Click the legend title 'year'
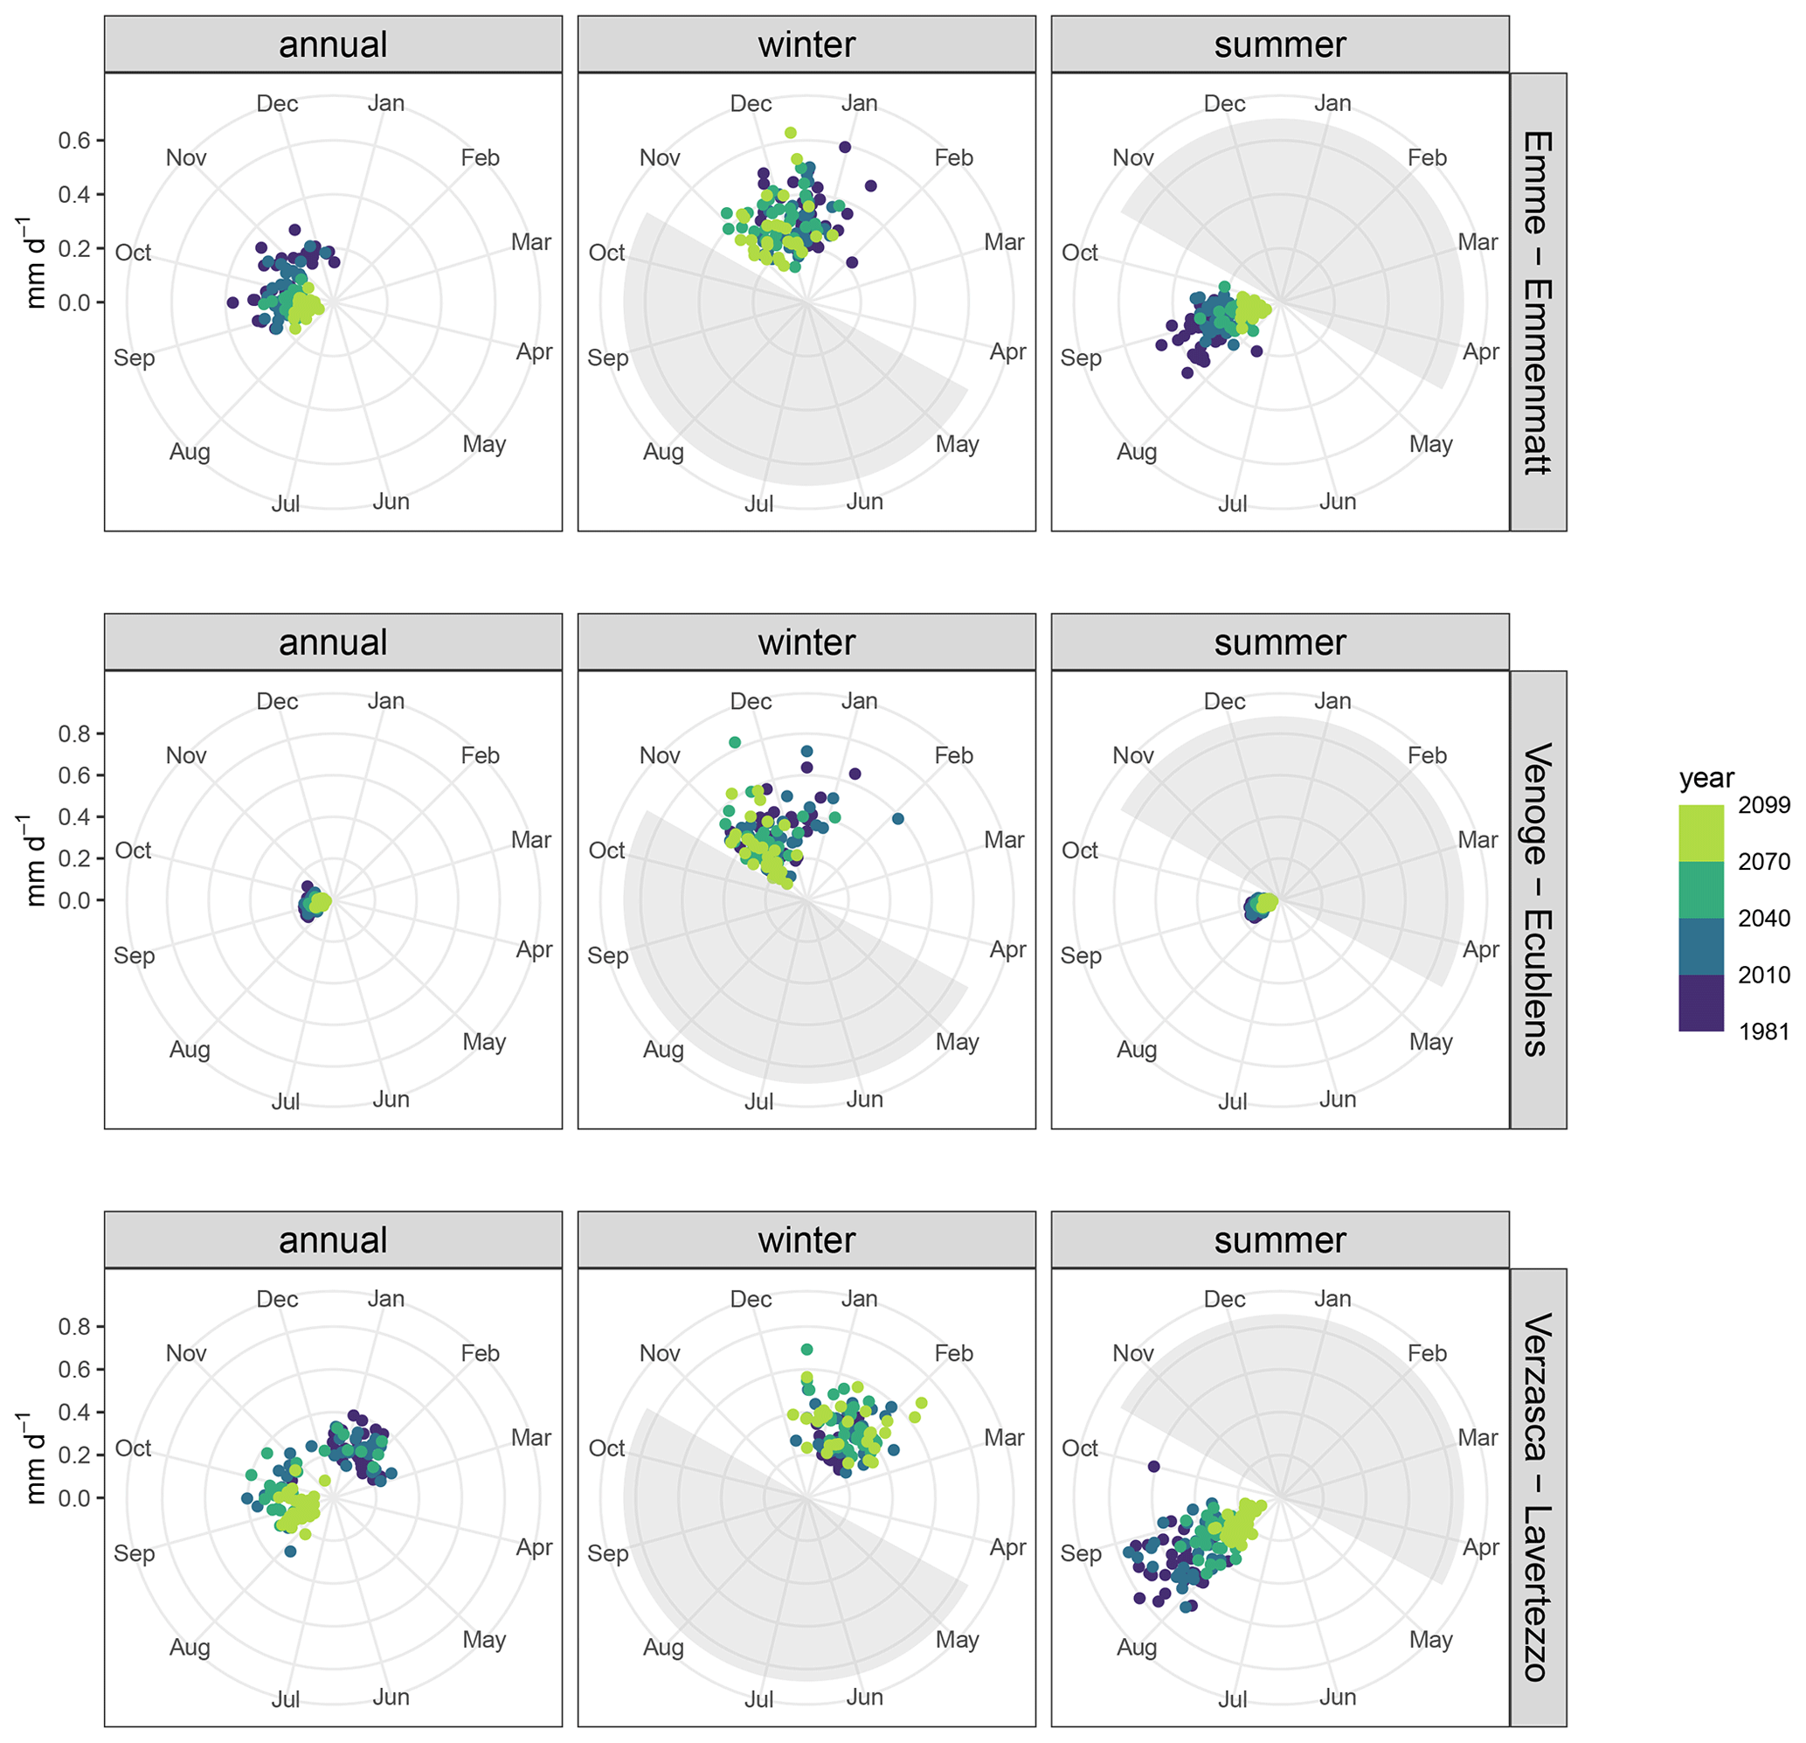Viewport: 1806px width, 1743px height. tap(1706, 779)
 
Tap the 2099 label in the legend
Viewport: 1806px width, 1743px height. tap(1762, 805)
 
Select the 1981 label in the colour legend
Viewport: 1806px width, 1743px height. tap(1762, 1031)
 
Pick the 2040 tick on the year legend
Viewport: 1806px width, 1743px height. tap(1762, 918)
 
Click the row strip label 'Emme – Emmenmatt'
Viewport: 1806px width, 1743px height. tap(1537, 302)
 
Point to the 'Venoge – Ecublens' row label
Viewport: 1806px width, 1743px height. tap(1537, 899)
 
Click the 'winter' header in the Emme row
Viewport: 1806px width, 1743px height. tap(806, 45)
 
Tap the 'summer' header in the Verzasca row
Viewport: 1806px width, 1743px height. tap(1279, 1240)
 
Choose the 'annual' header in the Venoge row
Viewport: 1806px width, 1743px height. tap(333, 642)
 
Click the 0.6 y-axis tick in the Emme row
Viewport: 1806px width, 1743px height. tap(74, 140)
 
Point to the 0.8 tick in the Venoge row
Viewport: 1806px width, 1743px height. tap(74, 733)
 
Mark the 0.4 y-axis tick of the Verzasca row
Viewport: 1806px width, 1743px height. tap(74, 1412)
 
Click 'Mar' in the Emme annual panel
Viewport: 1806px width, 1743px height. tap(530, 242)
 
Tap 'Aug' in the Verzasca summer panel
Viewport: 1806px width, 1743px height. tap(1136, 1647)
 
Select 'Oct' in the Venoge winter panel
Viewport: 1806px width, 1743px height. tap(606, 850)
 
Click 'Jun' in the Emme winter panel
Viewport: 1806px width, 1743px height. tap(864, 502)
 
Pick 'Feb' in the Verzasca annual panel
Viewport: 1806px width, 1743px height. tap(480, 1353)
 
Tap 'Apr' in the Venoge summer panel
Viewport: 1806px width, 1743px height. tap(1481, 949)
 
